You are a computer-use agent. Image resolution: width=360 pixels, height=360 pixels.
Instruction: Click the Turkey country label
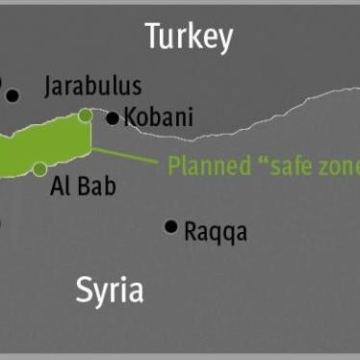(189, 37)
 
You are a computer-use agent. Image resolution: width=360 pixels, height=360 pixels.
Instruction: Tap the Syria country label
(110, 289)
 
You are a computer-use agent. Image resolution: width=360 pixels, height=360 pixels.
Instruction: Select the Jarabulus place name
(92, 87)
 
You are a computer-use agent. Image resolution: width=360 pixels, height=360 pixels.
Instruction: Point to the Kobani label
(158, 117)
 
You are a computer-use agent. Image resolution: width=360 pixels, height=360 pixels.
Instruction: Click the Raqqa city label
(216, 231)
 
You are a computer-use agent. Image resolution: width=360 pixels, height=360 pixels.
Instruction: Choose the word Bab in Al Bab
(96, 185)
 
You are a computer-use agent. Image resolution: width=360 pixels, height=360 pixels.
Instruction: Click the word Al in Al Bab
(60, 185)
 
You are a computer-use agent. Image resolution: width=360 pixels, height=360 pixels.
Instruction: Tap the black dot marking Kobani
(113, 118)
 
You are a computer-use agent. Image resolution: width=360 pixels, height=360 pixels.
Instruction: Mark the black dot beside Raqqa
(170, 226)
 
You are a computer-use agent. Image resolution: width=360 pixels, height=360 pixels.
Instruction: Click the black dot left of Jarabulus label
(13, 95)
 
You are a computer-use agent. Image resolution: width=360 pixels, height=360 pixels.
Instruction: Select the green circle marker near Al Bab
(39, 169)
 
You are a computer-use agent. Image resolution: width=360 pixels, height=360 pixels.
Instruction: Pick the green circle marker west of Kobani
(86, 116)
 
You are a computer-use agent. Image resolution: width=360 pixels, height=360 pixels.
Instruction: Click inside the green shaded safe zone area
(48, 144)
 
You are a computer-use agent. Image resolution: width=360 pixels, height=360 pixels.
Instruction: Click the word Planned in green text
(206, 166)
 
